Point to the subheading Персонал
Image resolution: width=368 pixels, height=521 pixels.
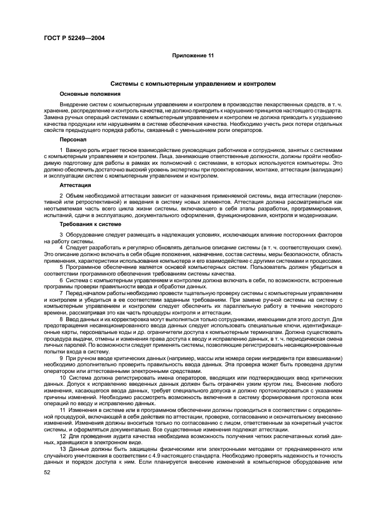tap(72, 140)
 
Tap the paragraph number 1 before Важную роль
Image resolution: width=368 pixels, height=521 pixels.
tap(61, 151)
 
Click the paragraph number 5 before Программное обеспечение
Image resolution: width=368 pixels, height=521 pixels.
tap(61, 267)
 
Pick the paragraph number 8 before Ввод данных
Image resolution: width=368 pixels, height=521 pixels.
tap(61, 319)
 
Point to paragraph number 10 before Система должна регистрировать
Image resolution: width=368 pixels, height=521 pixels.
tap(63, 377)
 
